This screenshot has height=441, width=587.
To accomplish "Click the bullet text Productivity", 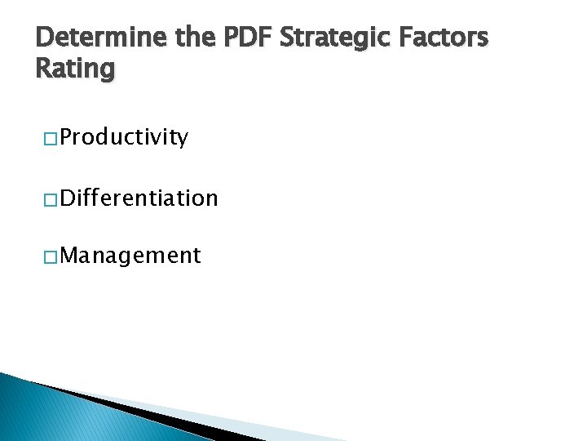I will point(124,137).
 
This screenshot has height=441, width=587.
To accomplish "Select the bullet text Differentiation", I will point(139,198).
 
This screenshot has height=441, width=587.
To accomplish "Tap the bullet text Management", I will point(130,256).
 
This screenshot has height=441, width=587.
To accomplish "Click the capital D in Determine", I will point(46,38).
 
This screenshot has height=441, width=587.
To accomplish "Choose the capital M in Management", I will point(68,256).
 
